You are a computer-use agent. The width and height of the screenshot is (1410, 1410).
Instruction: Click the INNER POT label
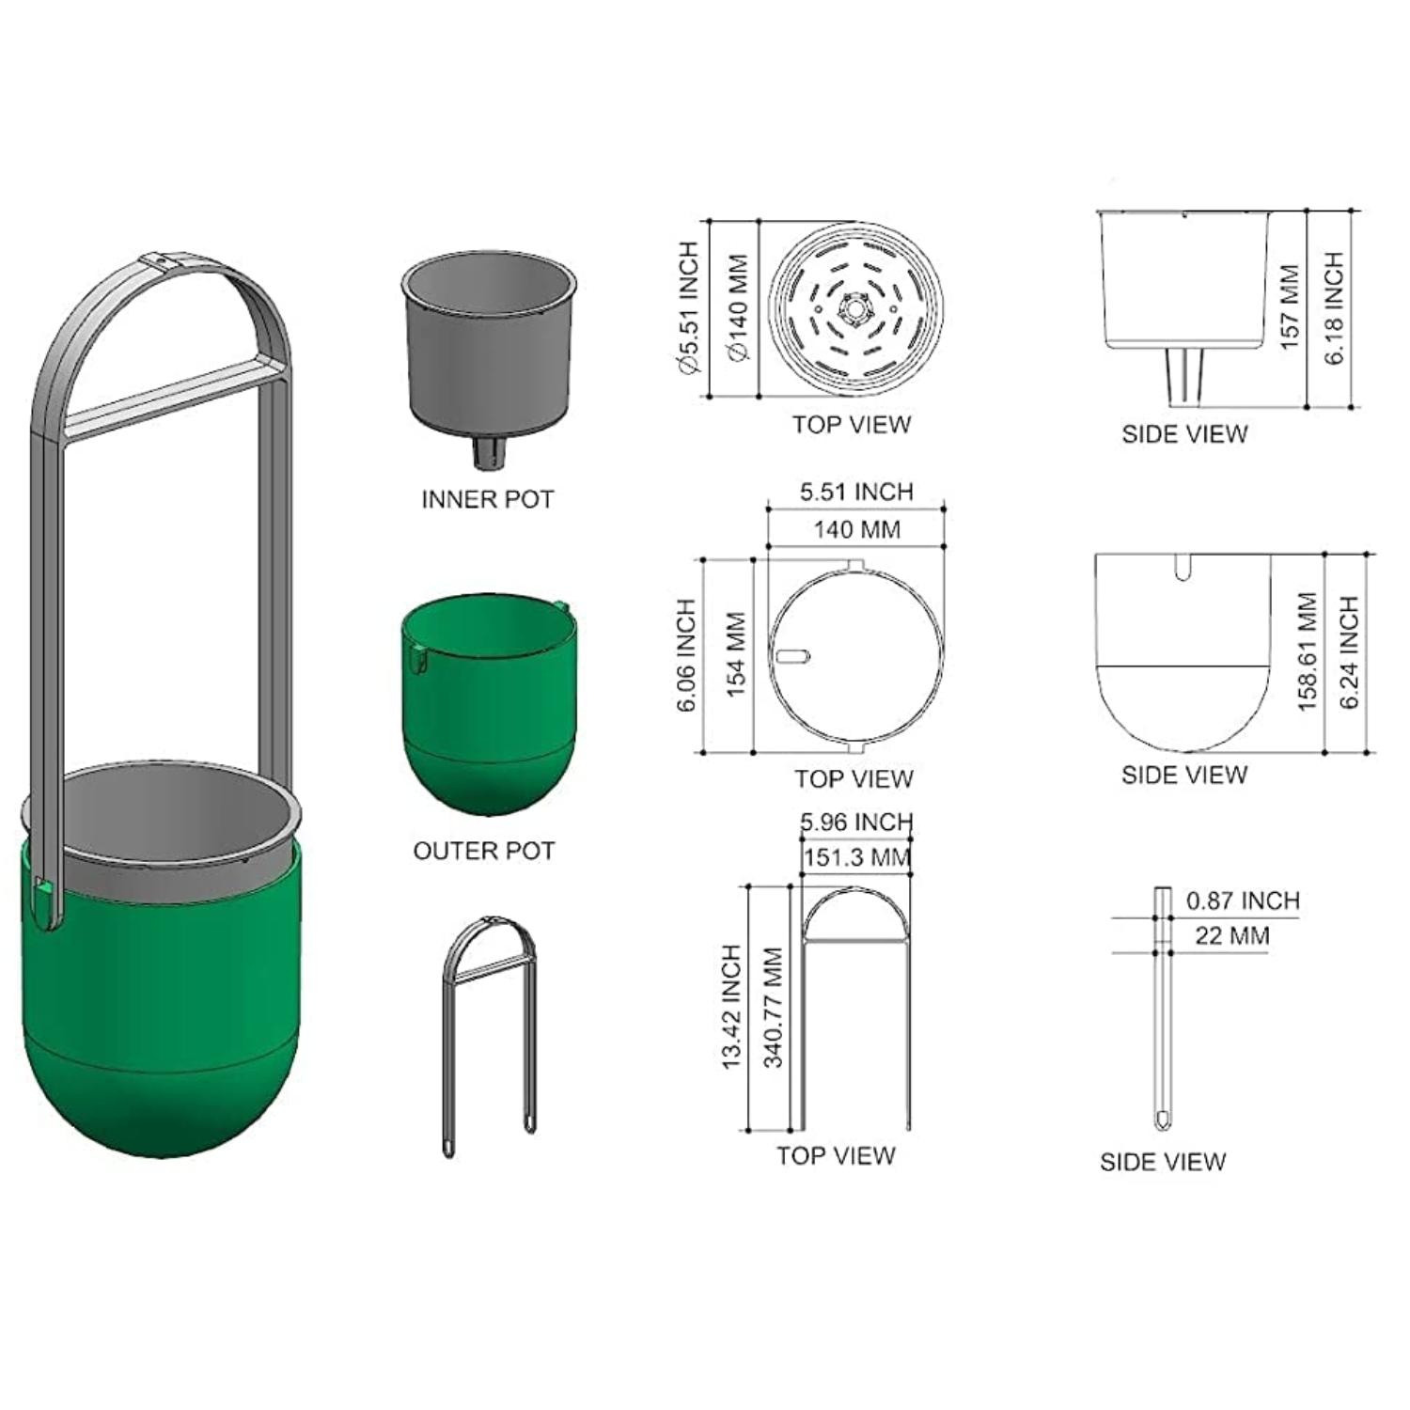click(x=487, y=499)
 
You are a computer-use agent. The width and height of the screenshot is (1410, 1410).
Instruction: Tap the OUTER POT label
click(x=484, y=851)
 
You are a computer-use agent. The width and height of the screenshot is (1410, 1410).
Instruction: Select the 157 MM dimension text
click(x=1289, y=307)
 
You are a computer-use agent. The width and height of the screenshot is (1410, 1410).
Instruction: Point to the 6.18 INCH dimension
click(x=1334, y=308)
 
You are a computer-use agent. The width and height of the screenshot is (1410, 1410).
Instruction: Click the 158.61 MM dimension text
click(x=1308, y=651)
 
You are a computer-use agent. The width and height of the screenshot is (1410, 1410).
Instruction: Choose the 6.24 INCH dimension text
click(x=1350, y=652)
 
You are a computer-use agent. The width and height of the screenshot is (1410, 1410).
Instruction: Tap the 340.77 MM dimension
click(x=773, y=1008)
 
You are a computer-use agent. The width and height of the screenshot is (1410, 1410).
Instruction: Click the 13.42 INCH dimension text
click(x=731, y=1007)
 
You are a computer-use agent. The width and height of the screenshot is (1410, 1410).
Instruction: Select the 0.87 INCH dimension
click(x=1243, y=901)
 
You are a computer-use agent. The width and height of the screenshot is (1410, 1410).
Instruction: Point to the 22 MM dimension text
click(x=1232, y=936)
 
